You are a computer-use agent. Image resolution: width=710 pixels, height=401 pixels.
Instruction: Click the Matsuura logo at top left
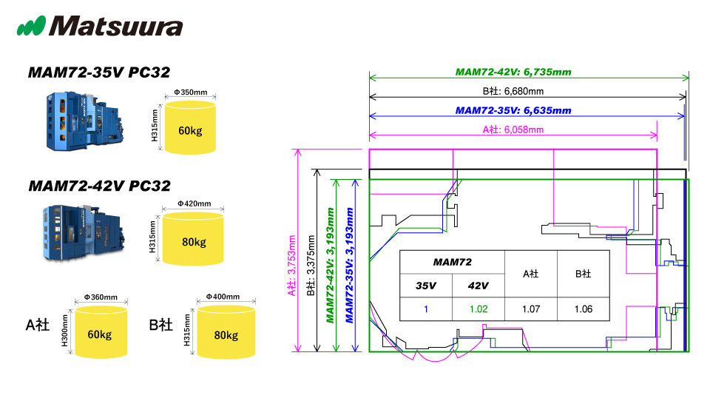(100, 27)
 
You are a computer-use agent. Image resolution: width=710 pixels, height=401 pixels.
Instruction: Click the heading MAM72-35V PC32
(98, 73)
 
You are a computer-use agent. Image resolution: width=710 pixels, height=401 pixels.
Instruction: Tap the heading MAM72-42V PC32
(98, 186)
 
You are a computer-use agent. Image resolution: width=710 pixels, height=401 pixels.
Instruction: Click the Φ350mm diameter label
(190, 93)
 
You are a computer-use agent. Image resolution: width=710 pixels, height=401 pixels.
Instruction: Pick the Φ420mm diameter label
(194, 204)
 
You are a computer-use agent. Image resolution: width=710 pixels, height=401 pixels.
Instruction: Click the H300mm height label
(66, 330)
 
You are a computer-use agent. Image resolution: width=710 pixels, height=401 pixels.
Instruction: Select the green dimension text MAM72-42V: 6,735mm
(513, 73)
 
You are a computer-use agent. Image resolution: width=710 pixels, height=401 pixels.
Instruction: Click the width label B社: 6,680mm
(513, 92)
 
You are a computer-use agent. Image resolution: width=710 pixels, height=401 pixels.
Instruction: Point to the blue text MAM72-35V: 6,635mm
(513, 110)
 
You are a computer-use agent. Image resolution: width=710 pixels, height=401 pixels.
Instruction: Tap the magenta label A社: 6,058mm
(513, 129)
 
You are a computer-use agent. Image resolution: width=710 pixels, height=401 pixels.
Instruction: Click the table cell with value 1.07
(530, 309)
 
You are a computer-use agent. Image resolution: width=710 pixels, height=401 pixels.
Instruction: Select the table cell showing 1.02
(478, 309)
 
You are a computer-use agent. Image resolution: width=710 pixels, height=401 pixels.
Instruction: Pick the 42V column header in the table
(478, 286)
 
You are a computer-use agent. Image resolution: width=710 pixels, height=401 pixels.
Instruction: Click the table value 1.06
(583, 309)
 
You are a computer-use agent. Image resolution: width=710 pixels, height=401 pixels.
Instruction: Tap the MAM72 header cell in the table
(452, 262)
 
